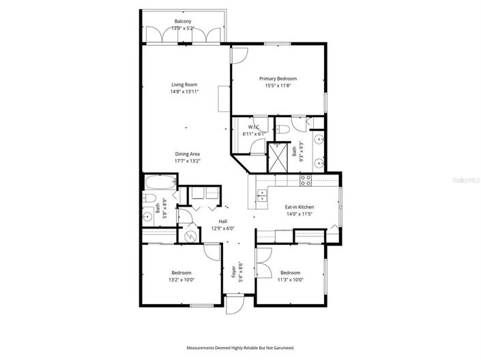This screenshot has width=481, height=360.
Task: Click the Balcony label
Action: [x=182, y=21]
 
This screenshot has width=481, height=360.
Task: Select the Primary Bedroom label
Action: [x=278, y=78]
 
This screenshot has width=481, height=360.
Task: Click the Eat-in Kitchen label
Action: [x=299, y=207]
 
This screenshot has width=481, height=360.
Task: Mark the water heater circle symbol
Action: [x=190, y=235]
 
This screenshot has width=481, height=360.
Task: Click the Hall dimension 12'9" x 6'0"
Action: [x=223, y=228]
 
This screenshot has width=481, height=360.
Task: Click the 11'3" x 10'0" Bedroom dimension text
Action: [x=291, y=279]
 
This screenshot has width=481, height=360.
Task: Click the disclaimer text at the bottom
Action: [x=240, y=347]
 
